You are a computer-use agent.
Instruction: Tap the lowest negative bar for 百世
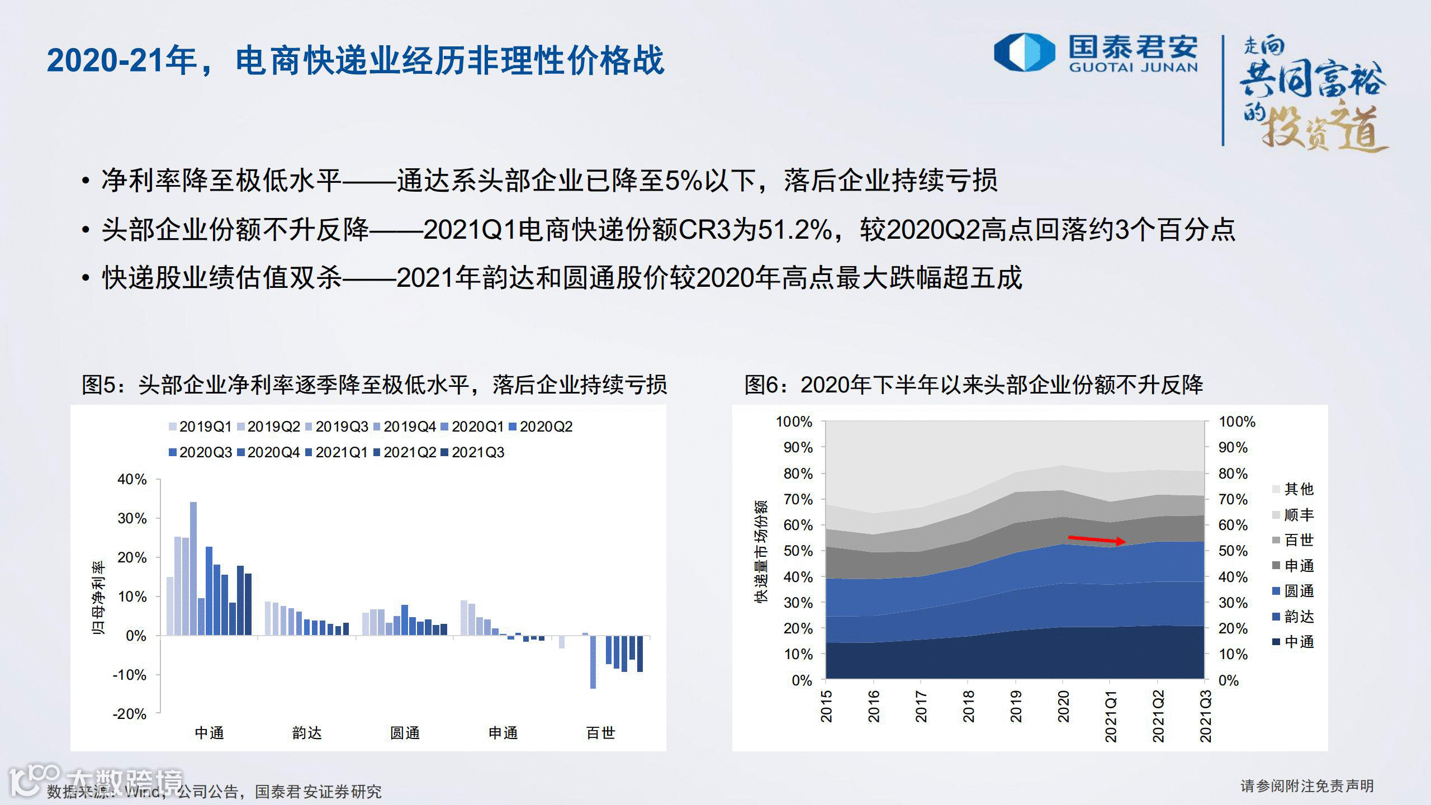coord(593,662)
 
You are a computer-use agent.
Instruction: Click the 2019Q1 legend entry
coord(201,427)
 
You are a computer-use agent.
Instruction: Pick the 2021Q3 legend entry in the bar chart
coord(473,453)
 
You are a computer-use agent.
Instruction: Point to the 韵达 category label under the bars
coord(307,733)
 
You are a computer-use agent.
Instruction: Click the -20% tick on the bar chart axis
coord(130,714)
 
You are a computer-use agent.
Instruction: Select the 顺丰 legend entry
coord(1293,515)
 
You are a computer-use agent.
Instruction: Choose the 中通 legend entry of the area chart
coord(1293,642)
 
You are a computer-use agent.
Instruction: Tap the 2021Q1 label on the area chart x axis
coord(1111,716)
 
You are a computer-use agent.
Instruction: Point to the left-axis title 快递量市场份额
coord(761,551)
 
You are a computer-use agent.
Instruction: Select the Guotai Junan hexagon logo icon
coord(1024,53)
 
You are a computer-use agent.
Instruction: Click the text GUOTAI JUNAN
coord(1134,68)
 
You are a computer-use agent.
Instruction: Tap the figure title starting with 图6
coord(973,385)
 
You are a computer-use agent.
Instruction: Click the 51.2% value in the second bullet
coord(794,230)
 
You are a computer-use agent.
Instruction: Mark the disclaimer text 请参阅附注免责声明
coord(1307,786)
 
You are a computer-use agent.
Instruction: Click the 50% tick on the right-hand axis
coord(1233,551)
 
